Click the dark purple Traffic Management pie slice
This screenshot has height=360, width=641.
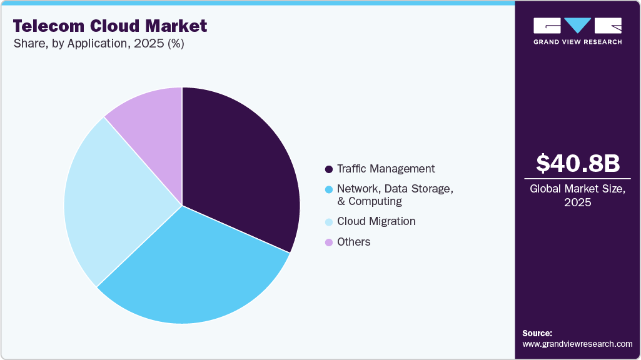241,162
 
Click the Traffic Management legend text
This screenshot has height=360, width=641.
385,169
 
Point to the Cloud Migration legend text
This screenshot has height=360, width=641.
376,221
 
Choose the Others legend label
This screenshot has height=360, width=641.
353,242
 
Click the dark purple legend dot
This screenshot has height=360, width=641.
328,169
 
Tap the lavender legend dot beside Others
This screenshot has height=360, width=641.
328,242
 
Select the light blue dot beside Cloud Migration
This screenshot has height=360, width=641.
328,222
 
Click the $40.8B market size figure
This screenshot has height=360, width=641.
578,163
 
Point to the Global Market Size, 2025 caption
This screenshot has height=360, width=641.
578,196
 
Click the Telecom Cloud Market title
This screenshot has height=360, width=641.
109,26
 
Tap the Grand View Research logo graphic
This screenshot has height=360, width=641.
577,26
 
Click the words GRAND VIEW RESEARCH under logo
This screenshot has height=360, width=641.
577,42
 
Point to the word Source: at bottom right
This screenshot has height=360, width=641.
537,333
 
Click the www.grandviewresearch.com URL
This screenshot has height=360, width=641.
577,344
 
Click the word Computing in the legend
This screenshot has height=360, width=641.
375,201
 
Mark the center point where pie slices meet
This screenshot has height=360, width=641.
182,205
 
